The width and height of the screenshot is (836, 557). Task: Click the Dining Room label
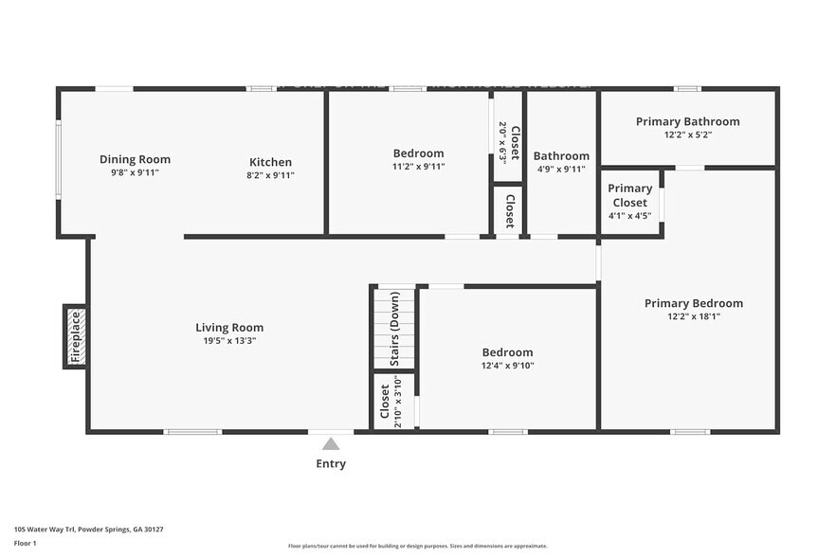coord(135,160)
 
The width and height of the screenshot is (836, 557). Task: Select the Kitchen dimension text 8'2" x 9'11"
coord(270,175)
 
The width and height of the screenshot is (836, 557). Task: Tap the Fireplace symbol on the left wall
coord(76,336)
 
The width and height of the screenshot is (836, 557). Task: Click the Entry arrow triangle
coord(331,443)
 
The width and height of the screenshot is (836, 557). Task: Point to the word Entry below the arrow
coord(331,464)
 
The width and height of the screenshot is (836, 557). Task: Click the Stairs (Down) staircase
coord(394,327)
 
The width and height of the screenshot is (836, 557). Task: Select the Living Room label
coord(229,328)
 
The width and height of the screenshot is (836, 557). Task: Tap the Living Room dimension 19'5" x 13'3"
coord(229,341)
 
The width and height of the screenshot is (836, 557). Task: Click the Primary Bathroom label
coord(687,121)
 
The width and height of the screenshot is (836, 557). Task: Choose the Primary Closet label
coord(629,195)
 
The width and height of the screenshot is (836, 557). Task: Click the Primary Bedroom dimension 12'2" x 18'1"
coord(693,316)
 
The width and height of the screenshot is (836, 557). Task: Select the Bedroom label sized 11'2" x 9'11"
coord(418,153)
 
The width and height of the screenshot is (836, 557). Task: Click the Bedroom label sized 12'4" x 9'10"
coord(507,352)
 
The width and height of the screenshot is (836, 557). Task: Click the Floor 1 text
coord(25,544)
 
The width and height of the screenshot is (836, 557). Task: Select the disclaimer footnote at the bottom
coord(417,546)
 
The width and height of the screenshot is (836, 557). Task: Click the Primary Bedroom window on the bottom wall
coord(689,432)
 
